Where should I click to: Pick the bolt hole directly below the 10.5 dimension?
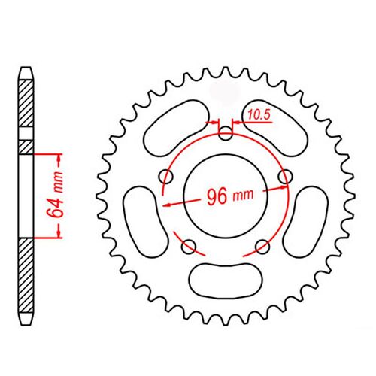pos(225,136)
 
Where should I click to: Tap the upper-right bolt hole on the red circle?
pos(284,176)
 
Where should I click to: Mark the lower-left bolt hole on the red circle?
pos(189,245)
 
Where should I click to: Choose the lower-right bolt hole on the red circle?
pos(262,245)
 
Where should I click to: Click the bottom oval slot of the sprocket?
pos(225,280)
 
